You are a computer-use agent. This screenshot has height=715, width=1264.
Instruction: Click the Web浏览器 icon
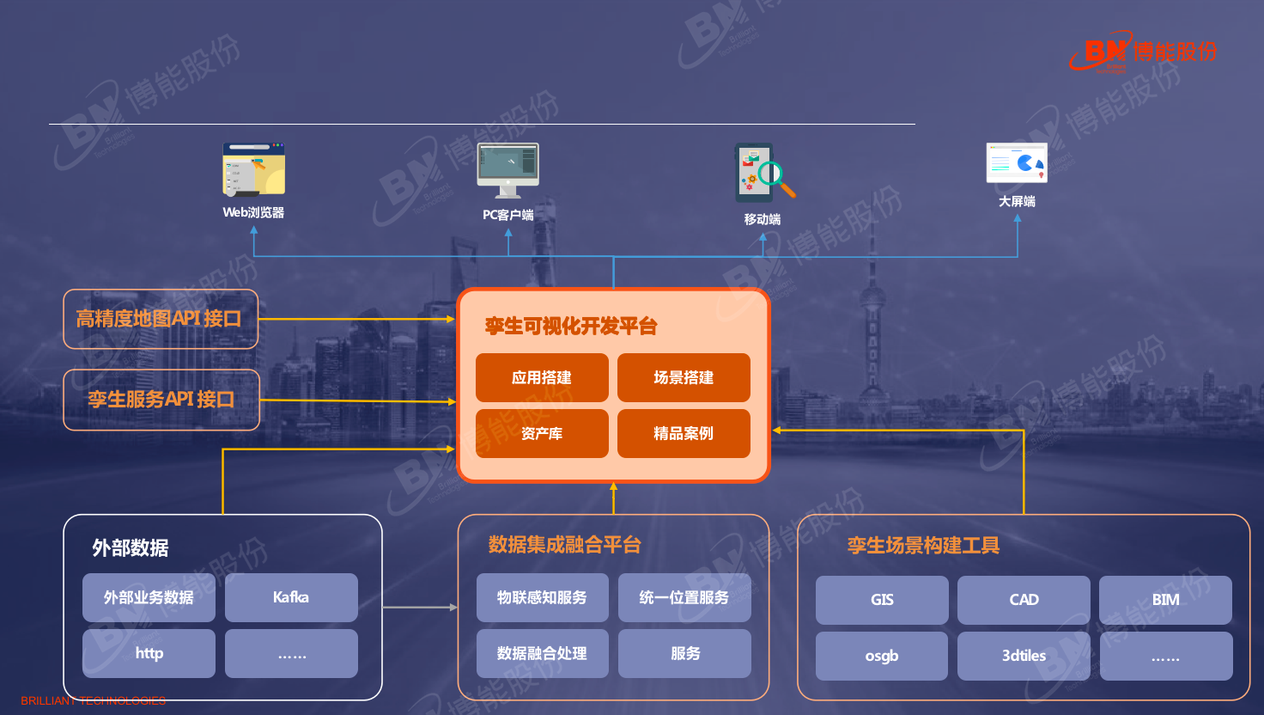click(x=253, y=169)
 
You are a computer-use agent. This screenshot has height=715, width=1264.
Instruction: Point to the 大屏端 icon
click(x=1017, y=162)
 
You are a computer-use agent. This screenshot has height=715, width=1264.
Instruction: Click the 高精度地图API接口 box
click(x=161, y=319)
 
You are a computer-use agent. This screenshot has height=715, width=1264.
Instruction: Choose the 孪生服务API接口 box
click(x=161, y=400)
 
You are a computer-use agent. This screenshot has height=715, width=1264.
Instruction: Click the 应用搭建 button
click(x=542, y=377)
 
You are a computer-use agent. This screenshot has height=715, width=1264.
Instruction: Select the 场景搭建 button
click(x=684, y=377)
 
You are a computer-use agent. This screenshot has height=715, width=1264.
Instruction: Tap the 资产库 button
click(x=542, y=433)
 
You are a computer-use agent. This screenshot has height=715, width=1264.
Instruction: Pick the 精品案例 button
click(x=684, y=433)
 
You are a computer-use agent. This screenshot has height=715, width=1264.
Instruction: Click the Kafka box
click(x=291, y=597)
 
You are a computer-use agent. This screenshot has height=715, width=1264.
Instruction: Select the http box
click(x=149, y=653)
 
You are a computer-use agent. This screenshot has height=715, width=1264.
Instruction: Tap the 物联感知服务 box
click(x=542, y=597)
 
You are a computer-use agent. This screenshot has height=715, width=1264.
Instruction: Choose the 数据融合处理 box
click(x=542, y=653)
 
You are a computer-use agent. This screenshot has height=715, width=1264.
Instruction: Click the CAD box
click(x=1024, y=600)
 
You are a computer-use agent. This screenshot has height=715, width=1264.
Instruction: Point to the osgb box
click(x=882, y=656)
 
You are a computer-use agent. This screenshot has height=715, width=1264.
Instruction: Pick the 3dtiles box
click(x=1024, y=656)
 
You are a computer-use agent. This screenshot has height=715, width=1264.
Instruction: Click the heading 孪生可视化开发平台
click(x=571, y=327)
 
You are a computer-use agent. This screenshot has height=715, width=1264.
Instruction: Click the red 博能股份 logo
click(x=1144, y=53)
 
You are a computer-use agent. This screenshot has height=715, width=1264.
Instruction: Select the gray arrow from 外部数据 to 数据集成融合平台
click(x=420, y=608)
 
